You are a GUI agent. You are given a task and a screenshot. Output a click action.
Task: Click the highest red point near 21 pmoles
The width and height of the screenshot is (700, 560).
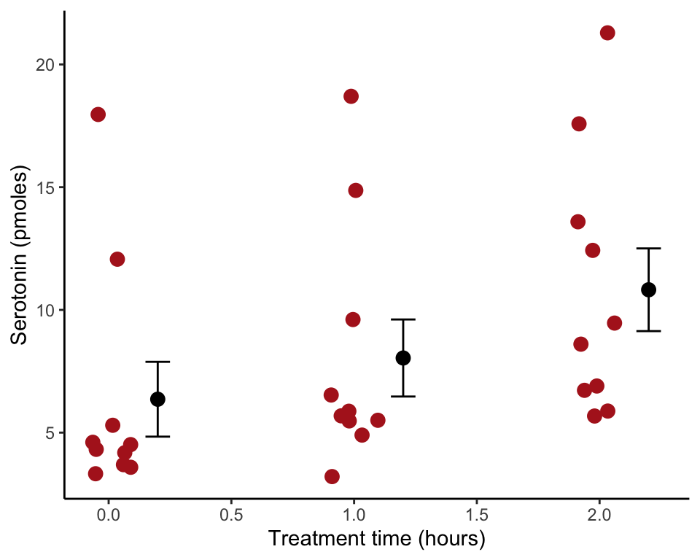pyautogui.click(x=607, y=33)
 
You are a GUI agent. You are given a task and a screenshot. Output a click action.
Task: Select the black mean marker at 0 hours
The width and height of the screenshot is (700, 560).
pyautogui.click(x=157, y=399)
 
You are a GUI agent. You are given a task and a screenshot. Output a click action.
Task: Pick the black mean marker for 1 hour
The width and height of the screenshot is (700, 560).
pyautogui.click(x=403, y=357)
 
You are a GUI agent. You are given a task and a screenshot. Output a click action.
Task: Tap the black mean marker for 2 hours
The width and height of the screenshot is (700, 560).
pyautogui.click(x=648, y=289)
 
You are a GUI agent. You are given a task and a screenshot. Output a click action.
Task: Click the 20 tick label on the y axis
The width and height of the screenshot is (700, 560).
pyautogui.click(x=44, y=65)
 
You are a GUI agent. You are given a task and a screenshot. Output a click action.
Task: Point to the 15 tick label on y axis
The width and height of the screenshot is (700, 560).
pyautogui.click(x=44, y=187)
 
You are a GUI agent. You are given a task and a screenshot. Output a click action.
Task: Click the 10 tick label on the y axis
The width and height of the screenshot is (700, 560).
pyautogui.click(x=44, y=310)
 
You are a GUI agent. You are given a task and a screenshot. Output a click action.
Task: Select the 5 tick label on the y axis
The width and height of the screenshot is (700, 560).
pyautogui.click(x=49, y=432)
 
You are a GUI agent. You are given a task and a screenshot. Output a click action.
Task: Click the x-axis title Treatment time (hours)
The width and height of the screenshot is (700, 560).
pyautogui.click(x=376, y=540)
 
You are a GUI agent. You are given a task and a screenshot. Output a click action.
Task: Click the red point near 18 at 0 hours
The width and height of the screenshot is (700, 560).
pyautogui.click(x=98, y=114)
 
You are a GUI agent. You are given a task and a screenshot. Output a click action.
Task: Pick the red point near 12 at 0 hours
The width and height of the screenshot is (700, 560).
pyautogui.click(x=117, y=259)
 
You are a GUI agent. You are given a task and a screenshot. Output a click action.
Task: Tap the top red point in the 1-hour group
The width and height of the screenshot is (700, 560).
pyautogui.click(x=351, y=96)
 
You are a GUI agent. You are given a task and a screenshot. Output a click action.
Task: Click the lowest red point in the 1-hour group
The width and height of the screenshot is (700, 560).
pyautogui.click(x=332, y=476)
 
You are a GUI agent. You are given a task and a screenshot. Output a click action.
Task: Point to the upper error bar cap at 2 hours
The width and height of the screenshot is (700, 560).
pyautogui.click(x=648, y=249)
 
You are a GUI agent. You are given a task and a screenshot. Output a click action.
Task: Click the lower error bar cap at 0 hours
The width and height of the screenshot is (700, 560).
pyautogui.click(x=157, y=436)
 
